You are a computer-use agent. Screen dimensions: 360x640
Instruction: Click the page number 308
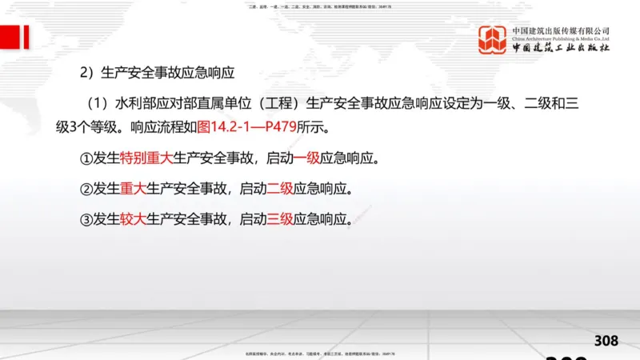click(606, 341)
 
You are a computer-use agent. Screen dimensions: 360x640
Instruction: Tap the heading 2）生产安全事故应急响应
click(156, 72)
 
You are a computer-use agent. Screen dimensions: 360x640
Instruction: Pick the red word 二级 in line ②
click(280, 190)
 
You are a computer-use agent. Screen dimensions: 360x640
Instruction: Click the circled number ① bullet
click(86, 158)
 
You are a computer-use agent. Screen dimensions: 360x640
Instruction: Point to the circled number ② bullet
click(86, 190)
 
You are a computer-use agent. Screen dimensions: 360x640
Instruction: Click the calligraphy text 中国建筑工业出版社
click(561, 49)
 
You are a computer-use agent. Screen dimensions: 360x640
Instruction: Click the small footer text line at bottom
click(320, 353)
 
